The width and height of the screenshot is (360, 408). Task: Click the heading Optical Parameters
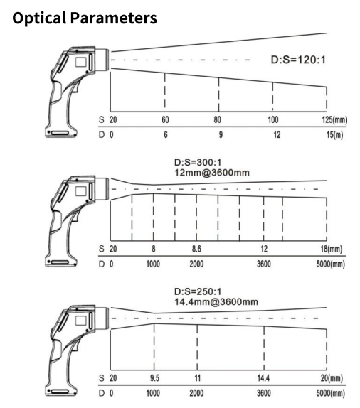tap(85, 18)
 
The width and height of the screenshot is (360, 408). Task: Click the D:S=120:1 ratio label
tap(298, 60)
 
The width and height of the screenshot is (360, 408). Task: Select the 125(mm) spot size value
tap(334, 119)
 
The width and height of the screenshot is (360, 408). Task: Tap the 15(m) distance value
tap(334, 135)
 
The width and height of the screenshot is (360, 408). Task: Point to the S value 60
tap(165, 119)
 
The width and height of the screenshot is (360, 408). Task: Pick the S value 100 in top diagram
tap(273, 119)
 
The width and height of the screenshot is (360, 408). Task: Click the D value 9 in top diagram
tap(221, 135)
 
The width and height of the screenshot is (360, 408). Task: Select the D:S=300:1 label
tap(198, 162)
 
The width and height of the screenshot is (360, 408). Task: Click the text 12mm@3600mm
tap(212, 173)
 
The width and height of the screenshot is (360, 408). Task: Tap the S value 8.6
tap(196, 249)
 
